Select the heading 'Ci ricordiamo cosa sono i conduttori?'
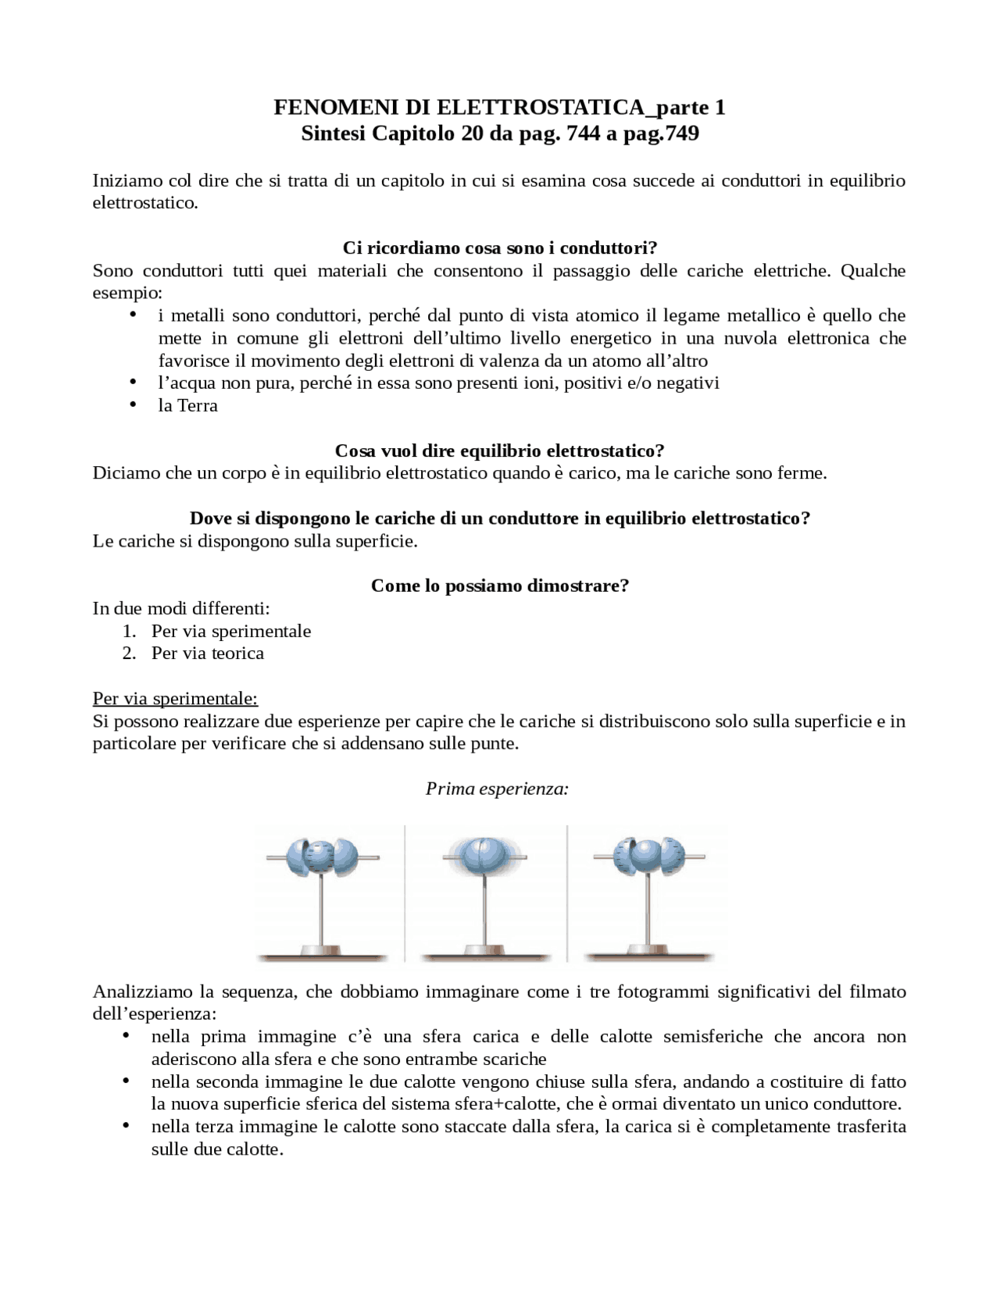coord(500,248)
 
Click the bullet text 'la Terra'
coord(187,405)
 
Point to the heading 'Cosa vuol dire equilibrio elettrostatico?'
coord(499,451)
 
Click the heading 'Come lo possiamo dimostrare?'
coord(500,586)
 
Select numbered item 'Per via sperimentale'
coord(231,631)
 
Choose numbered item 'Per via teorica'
coord(208,653)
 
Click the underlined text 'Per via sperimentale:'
coord(175,698)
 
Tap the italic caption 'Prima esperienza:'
coord(497,789)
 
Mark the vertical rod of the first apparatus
coord(322,910)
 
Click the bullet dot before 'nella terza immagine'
coord(125,1125)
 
